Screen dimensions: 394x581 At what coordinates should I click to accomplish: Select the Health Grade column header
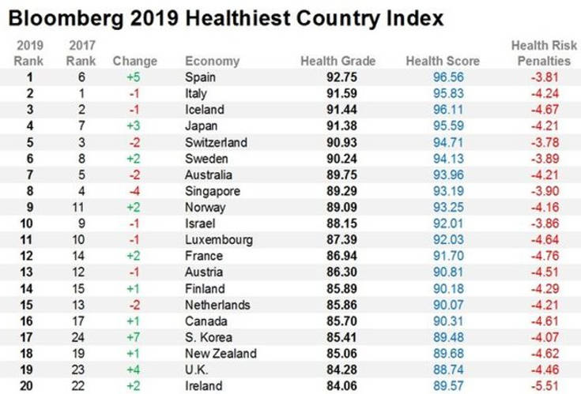[338, 61]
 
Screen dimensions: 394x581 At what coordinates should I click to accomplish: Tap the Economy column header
[207, 61]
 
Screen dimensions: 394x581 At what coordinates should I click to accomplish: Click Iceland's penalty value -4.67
[545, 110]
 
